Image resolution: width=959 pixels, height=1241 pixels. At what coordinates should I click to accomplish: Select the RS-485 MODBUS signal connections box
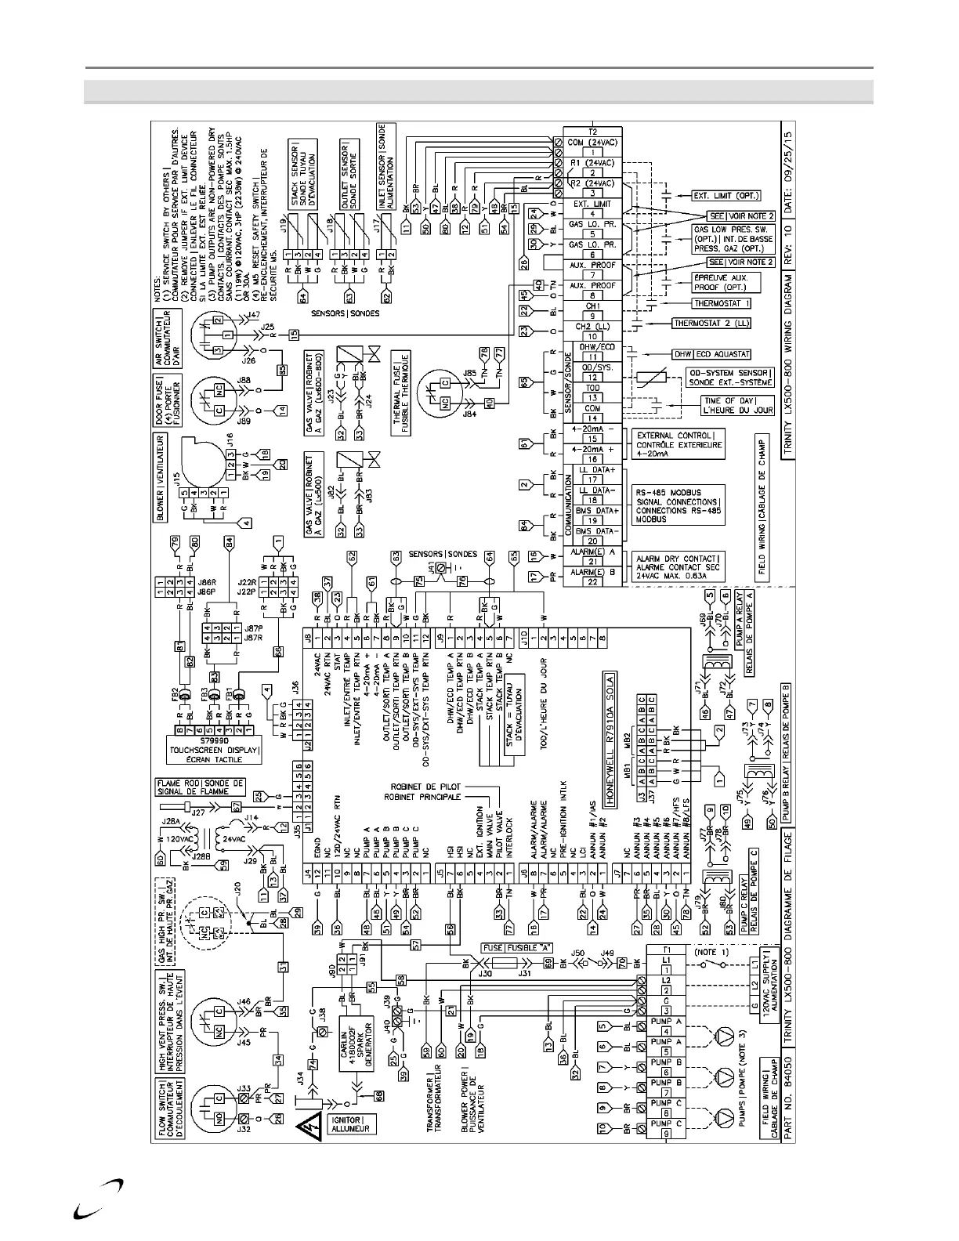679,502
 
